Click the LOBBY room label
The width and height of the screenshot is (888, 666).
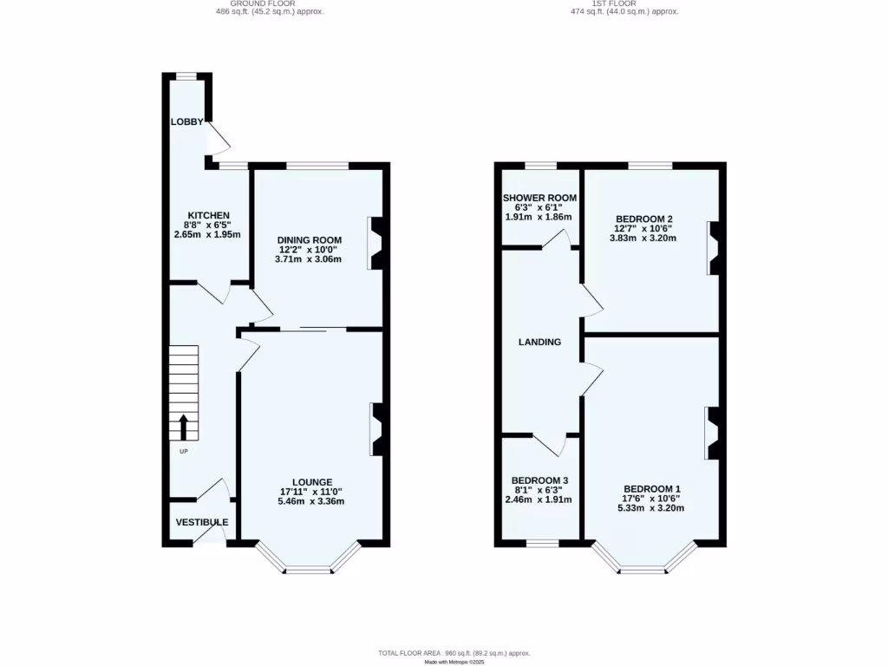click(x=186, y=122)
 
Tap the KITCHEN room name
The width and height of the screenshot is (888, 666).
click(x=209, y=215)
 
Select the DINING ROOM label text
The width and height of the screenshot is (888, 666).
click(x=310, y=240)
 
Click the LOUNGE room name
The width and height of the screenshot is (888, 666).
click(x=312, y=482)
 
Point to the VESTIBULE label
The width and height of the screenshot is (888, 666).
click(x=202, y=522)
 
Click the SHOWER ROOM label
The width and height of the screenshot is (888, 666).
click(x=539, y=198)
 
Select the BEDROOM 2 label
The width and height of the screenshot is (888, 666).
click(x=644, y=219)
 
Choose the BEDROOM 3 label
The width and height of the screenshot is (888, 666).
click(x=539, y=480)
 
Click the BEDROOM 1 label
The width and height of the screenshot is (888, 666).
click(x=651, y=489)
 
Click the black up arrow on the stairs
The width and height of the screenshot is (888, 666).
click(x=184, y=428)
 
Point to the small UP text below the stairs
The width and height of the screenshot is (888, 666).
click(x=184, y=451)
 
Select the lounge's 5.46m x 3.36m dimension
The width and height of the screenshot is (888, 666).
click(x=311, y=501)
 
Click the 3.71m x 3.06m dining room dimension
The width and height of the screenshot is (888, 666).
click(x=310, y=259)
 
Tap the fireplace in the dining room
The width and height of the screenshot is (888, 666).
click(x=376, y=243)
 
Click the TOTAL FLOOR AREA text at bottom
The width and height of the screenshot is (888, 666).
click(x=454, y=653)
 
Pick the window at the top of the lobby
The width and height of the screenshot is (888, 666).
click(x=187, y=77)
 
